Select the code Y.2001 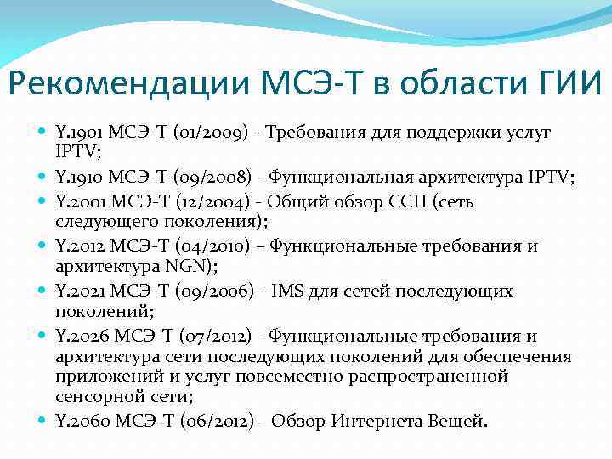[x=79, y=202]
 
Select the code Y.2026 [x=79, y=336]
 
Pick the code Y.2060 [x=80, y=420]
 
